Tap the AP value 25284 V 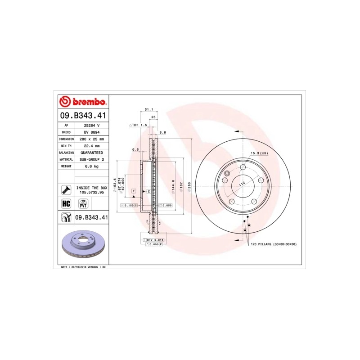coord(91,126)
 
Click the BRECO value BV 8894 coord(91,133)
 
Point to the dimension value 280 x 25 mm coord(91,139)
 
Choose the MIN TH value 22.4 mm coord(91,146)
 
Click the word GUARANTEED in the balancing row coord(91,153)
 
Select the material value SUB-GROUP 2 coord(91,159)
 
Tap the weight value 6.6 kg coord(91,166)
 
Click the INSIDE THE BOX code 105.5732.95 coord(92,192)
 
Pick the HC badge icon coord(66,204)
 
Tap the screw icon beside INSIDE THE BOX coord(66,189)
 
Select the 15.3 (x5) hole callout coord(259,153)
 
